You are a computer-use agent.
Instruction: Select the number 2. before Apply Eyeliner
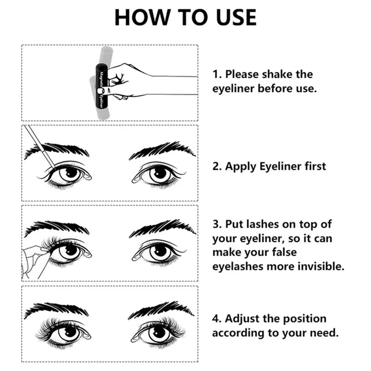tap(217, 166)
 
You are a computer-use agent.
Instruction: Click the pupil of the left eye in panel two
tap(69, 174)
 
